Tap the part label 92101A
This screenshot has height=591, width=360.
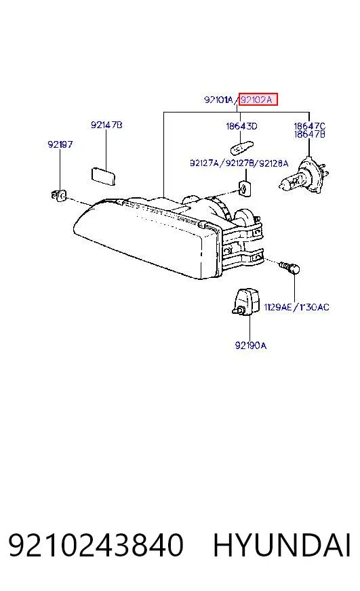point(218,100)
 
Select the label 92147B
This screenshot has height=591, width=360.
point(106,125)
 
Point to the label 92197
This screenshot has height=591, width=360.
point(60,144)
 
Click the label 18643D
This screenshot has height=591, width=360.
point(241,126)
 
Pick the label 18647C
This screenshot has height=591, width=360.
point(309,126)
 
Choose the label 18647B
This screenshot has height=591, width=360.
point(309,134)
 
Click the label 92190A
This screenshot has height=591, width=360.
point(251,345)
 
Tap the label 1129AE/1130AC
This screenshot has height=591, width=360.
point(296,307)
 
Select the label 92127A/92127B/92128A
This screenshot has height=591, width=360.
point(239,163)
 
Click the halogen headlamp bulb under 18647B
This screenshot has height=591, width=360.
point(304,176)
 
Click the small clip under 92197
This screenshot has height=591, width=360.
point(58,195)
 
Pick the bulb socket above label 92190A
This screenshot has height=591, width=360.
point(245,302)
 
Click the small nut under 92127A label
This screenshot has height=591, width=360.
point(245,187)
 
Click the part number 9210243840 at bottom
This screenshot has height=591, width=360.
point(96,545)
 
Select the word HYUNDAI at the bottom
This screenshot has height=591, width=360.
point(282,545)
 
